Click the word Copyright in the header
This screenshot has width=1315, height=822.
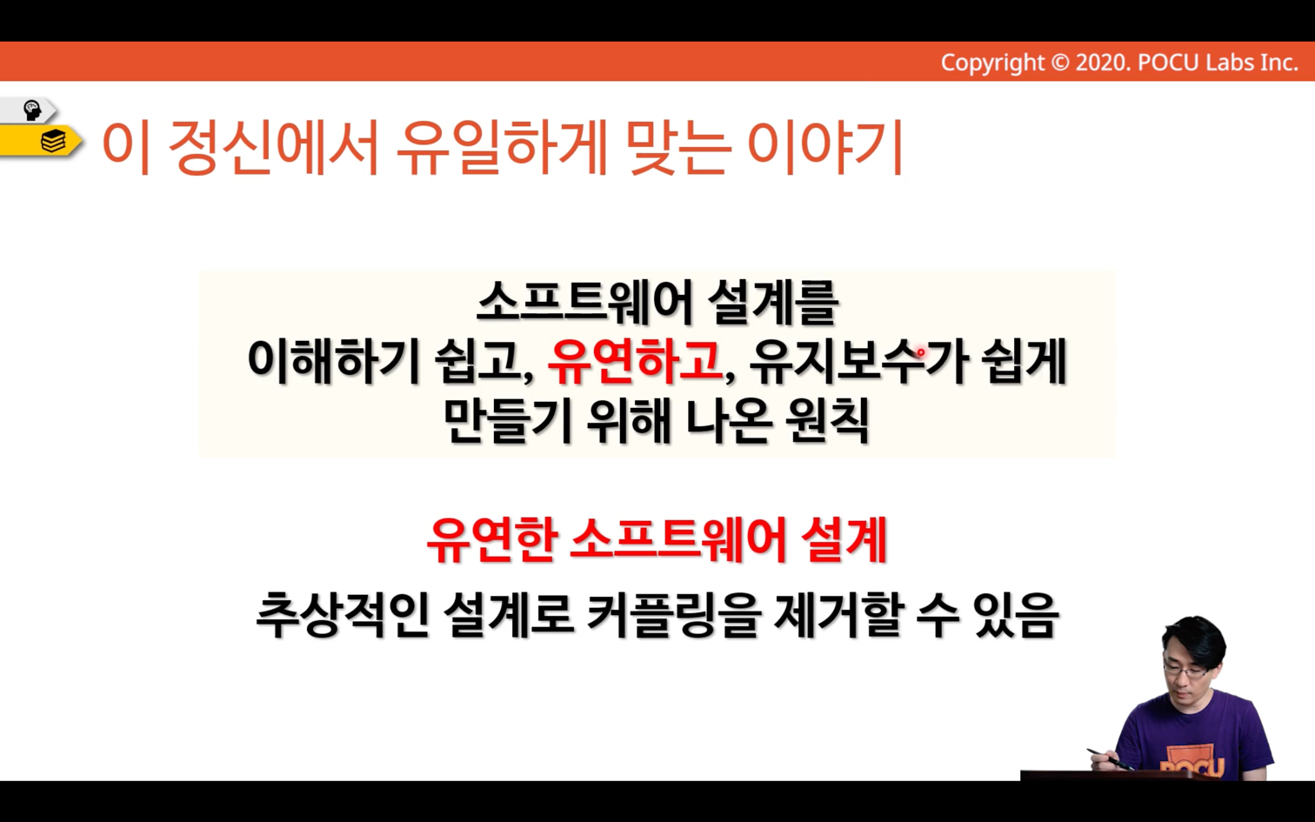point(992,63)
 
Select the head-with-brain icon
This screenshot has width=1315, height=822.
point(31,110)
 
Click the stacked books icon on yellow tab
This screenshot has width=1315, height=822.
point(53,141)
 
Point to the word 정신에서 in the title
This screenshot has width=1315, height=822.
point(273,147)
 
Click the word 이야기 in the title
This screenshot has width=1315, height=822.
point(824,147)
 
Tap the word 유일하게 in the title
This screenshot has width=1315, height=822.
point(502,147)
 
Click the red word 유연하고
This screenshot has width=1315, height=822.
point(635,362)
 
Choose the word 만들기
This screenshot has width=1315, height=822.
point(507,421)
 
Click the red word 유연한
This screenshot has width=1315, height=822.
point(491,540)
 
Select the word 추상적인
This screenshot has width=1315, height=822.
point(343,615)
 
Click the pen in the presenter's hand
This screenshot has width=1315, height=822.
point(1110,759)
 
